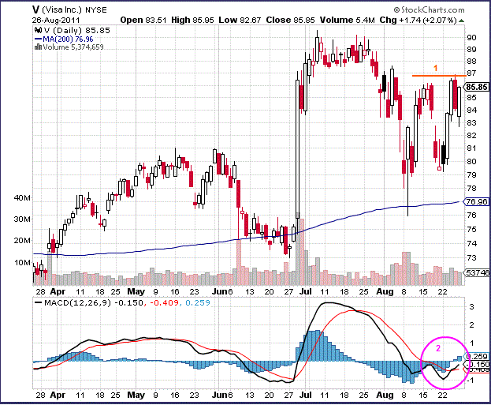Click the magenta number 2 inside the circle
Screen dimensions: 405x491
[x=439, y=347]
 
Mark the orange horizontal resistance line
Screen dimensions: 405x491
[x=434, y=76]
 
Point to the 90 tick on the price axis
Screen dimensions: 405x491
[x=471, y=37]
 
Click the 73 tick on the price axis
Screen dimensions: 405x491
[x=471, y=257]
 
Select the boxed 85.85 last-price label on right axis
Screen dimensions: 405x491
[x=474, y=87]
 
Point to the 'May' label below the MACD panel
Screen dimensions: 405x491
[x=138, y=393]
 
